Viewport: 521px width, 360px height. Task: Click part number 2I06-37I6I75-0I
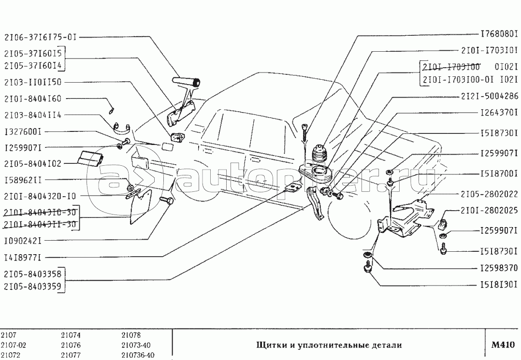41,37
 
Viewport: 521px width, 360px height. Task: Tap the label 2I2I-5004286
490,96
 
